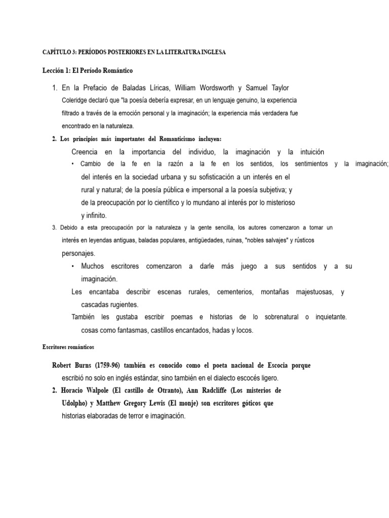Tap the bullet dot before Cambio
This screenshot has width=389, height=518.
73,164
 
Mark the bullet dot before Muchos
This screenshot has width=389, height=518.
73,266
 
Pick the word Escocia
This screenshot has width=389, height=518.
287,365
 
